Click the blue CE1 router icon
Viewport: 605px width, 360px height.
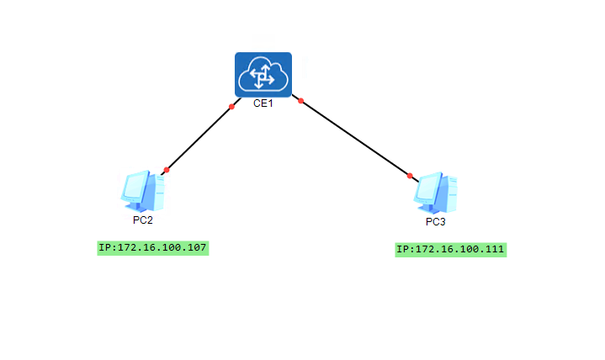263,75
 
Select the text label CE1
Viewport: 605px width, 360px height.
263,104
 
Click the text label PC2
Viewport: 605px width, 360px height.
143,220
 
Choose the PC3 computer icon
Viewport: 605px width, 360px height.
436,193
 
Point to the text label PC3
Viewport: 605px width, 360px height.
436,222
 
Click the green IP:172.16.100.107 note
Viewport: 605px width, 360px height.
152,247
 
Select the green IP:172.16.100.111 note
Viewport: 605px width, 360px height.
451,249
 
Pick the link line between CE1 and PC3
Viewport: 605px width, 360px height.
355,138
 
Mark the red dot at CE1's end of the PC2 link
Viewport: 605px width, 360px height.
231,106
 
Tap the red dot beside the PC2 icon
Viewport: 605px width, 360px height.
167,170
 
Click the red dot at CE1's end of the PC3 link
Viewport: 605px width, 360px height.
300,101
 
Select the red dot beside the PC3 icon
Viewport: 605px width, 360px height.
410,176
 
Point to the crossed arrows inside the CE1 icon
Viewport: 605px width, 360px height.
263,77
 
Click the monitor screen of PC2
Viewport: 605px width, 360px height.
135,188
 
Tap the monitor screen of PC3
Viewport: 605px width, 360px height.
428,189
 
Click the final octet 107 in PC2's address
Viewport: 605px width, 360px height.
195,247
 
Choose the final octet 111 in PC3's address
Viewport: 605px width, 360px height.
494,249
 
